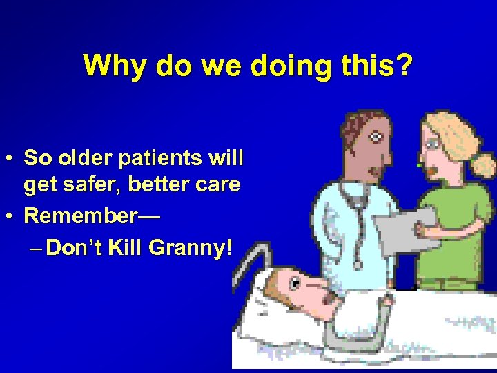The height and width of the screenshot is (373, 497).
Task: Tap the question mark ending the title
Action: click(404, 66)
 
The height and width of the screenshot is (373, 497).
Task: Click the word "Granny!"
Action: click(199, 247)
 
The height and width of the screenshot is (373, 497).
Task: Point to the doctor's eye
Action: click(376, 137)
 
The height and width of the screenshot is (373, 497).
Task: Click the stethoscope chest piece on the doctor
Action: click(357, 264)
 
